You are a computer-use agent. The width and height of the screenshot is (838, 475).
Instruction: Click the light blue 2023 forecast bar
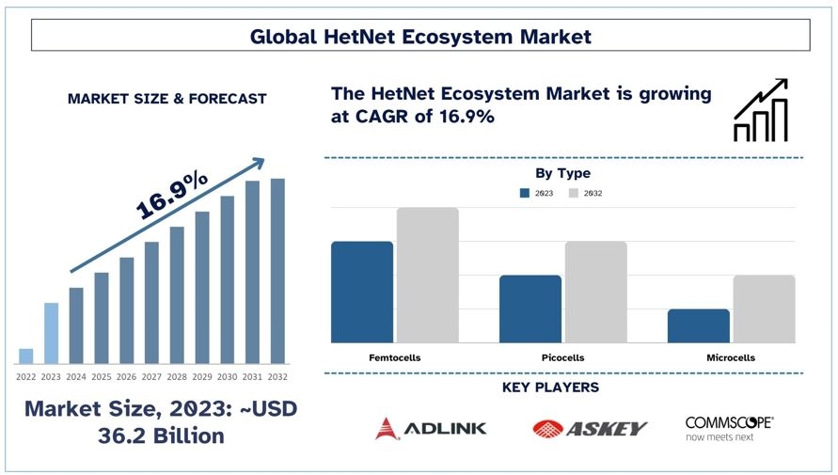[51, 333]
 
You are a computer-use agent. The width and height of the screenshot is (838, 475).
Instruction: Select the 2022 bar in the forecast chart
[25, 356]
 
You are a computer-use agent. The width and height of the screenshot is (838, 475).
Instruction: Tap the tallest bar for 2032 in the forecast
[277, 271]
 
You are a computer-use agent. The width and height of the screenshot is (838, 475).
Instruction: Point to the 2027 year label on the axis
[151, 376]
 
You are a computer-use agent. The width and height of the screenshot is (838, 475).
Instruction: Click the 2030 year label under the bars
[228, 376]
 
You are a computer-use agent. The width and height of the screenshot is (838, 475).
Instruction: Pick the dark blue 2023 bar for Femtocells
[362, 292]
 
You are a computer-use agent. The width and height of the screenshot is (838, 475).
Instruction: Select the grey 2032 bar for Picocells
[596, 292]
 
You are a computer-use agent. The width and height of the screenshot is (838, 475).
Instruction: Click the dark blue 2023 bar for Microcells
[699, 326]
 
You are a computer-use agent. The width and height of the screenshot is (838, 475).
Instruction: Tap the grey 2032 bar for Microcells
[765, 309]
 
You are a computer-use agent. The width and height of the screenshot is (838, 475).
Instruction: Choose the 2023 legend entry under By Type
[537, 193]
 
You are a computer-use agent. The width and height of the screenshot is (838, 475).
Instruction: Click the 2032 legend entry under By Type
[586, 193]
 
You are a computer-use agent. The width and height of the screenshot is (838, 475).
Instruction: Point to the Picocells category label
[562, 357]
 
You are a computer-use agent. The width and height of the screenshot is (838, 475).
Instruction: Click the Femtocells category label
[395, 357]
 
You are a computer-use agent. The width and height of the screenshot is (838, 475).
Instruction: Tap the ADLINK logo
[431, 428]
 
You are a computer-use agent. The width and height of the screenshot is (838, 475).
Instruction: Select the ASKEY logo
[590, 428]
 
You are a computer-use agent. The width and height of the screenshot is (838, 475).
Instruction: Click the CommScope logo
[730, 428]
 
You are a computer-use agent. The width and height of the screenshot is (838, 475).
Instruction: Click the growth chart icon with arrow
[761, 111]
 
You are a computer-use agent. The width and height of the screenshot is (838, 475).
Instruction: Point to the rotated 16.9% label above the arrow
[171, 195]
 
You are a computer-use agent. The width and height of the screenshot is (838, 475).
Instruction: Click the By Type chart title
[562, 173]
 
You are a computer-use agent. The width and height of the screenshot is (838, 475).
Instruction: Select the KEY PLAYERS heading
[550, 388]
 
